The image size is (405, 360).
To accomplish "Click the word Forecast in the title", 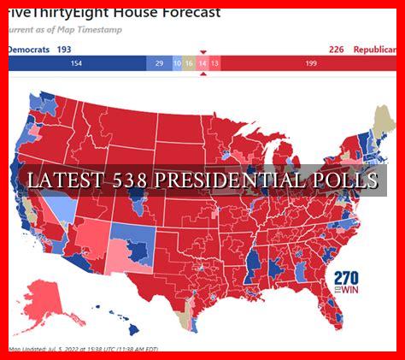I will (x=185, y=12).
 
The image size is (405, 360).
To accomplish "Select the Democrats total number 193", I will (x=64, y=50).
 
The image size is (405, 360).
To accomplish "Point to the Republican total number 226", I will (x=336, y=50).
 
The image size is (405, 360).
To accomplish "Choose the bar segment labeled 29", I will (x=158, y=63).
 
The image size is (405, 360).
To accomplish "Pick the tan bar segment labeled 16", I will (x=189, y=63).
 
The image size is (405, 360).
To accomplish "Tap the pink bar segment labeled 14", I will (x=202, y=63).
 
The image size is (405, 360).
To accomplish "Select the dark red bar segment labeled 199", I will (x=310, y=63).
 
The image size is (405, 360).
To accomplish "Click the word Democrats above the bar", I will (x=28, y=50).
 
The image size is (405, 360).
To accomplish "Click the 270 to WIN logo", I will (x=347, y=282).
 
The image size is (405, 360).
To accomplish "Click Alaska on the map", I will (x=47, y=299).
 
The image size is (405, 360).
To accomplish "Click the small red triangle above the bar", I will (x=202, y=53).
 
